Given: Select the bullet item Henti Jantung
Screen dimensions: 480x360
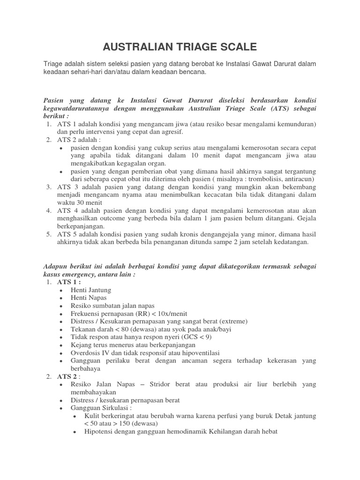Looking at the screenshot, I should pyautogui.click(x=91, y=290).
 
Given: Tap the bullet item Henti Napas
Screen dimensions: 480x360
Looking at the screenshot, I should pyautogui.click(x=89, y=298).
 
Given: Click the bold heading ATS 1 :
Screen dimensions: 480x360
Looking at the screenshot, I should pyautogui.click(x=69, y=282).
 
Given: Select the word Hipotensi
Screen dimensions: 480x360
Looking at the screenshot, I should pyautogui.click(x=99, y=432).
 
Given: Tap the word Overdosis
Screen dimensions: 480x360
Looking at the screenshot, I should pyautogui.click(x=86, y=352).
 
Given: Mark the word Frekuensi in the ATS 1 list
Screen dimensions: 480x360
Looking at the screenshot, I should pyautogui.click(x=87, y=314).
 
